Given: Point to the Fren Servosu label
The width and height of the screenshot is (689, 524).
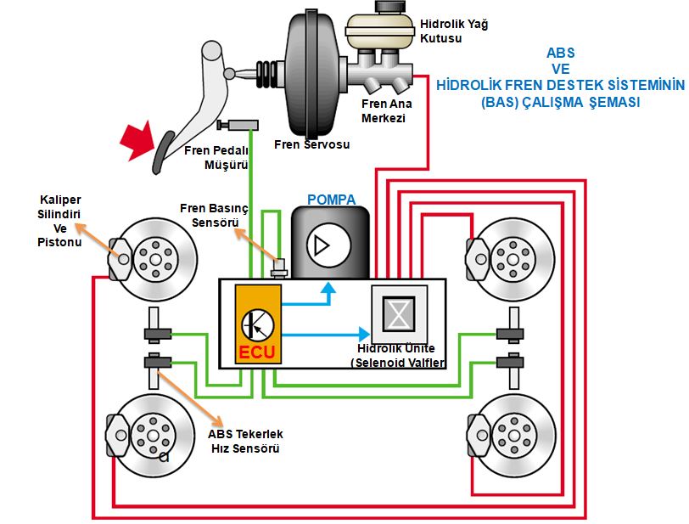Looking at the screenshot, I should tap(312, 144).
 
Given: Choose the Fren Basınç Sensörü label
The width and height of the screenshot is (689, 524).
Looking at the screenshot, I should tap(212, 215).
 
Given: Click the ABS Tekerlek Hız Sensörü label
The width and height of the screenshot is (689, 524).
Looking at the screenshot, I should tap(244, 442).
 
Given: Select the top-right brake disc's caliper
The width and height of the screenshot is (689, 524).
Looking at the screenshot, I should tap(478, 256).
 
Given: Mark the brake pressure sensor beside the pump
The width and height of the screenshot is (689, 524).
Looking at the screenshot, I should tap(276, 268).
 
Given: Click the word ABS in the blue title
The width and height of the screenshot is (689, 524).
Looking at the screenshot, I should tap(560, 53).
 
